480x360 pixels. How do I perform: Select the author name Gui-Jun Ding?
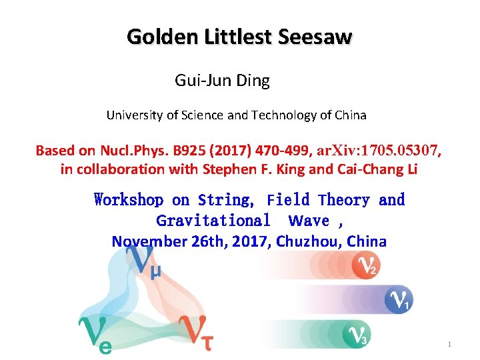[x=222, y=81]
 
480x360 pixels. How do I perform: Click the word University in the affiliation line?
[x=135, y=115]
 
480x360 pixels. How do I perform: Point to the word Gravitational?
[x=213, y=221]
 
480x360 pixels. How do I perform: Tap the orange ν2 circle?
[x=365, y=266]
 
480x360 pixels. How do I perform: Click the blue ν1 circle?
[x=399, y=300]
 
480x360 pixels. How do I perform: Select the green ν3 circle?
[x=355, y=334]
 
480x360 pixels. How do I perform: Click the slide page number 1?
[x=450, y=344]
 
